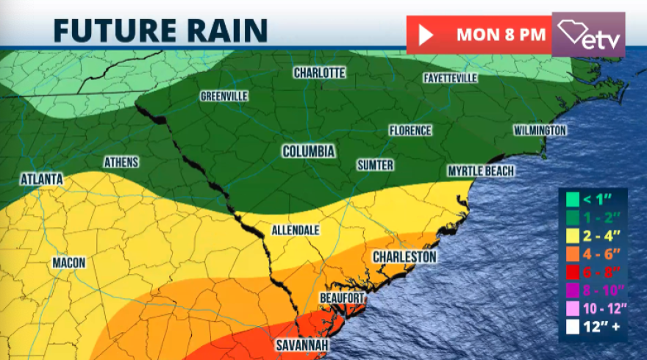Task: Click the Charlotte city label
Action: tap(319, 73)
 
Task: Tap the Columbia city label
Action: tap(309, 151)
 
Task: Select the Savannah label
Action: tap(303, 345)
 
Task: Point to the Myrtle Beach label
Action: tap(481, 171)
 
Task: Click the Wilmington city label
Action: tap(540, 131)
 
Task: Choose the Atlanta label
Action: tap(42, 179)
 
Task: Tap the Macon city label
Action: tap(69, 262)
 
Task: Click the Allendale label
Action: tap(296, 230)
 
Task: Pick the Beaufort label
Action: tap(342, 298)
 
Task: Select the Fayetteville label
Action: tap(451, 78)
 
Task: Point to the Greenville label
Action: tap(224, 96)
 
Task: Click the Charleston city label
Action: tap(404, 257)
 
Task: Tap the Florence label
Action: tap(410, 130)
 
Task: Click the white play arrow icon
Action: tap(424, 35)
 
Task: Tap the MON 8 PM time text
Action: tap(501, 35)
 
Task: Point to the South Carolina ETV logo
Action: tap(588, 34)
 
